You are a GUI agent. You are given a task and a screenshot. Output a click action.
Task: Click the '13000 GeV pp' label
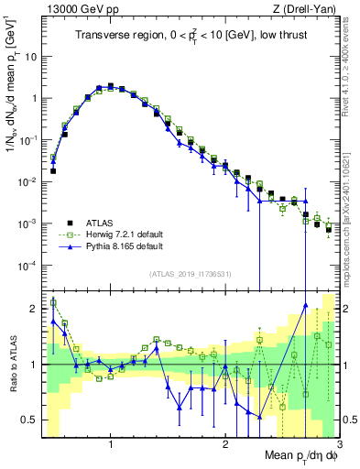77,9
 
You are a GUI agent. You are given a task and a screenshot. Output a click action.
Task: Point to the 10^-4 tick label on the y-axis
28,266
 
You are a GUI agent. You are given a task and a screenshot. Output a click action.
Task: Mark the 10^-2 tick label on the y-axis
28,182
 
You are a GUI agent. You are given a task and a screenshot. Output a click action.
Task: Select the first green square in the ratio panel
53,303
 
